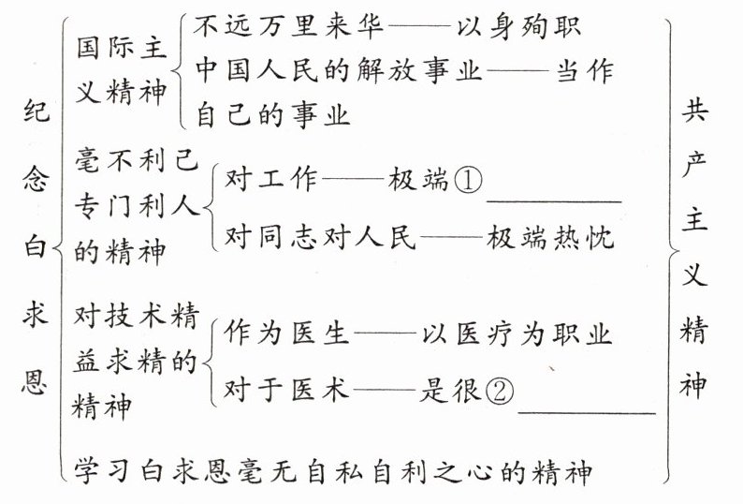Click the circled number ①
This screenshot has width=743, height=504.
click(x=468, y=182)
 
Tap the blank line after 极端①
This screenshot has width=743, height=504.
click(x=554, y=199)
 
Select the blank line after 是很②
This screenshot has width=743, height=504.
click(x=586, y=409)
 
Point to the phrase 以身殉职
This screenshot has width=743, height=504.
click(x=518, y=26)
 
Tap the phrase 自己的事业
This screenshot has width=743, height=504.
click(x=272, y=116)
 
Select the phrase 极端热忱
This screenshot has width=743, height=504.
click(x=549, y=238)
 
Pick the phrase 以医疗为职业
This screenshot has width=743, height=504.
click(x=515, y=335)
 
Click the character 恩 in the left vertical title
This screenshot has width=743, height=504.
click(x=35, y=385)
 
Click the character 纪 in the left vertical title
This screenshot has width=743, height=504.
click(x=35, y=114)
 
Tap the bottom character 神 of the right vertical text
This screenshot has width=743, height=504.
click(x=694, y=385)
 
